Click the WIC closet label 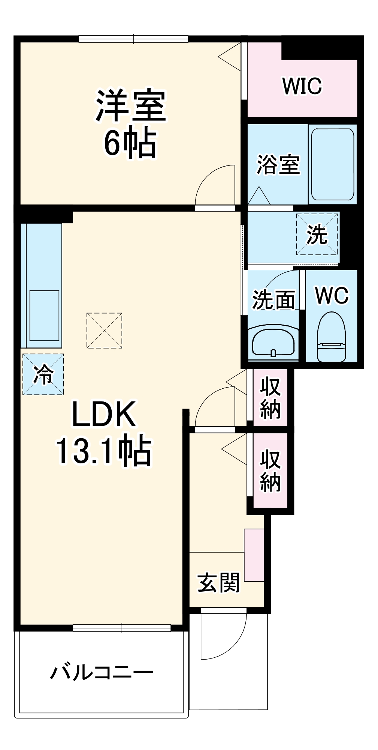(x=302, y=86)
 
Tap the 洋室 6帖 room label (x=130, y=123)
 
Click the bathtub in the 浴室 (x=332, y=165)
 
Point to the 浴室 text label (x=278, y=165)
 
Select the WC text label (x=332, y=296)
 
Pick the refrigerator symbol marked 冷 (x=43, y=374)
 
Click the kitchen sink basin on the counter (x=44, y=315)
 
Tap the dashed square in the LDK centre (x=104, y=331)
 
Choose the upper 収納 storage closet (x=270, y=398)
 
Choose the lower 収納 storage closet (x=270, y=470)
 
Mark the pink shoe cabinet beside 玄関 (x=254, y=555)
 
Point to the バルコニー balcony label (x=102, y=672)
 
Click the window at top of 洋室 (x=133, y=39)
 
